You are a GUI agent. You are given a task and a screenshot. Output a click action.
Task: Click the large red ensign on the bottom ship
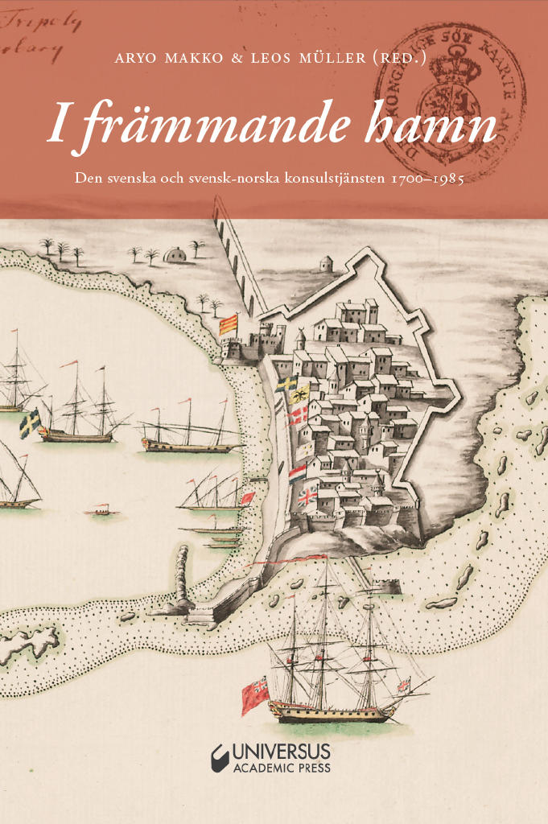coord(254,694)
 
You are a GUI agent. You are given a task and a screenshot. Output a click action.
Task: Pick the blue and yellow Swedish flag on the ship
coord(30,423)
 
